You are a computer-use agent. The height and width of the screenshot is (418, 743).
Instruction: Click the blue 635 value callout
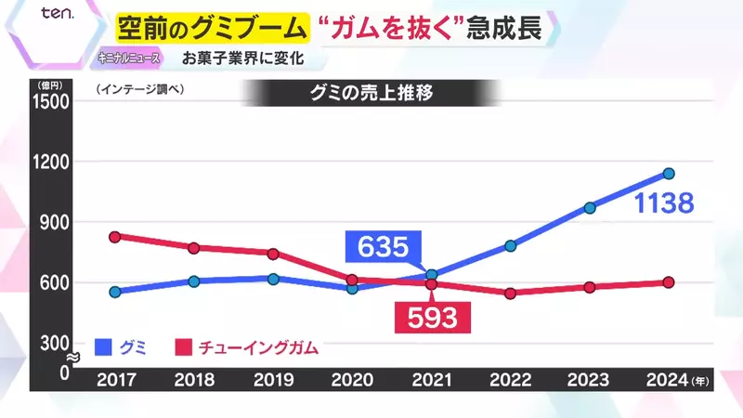(x=382, y=247)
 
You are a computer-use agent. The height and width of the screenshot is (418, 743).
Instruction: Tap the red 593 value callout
(x=432, y=317)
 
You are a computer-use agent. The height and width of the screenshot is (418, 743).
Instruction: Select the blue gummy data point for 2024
(x=668, y=174)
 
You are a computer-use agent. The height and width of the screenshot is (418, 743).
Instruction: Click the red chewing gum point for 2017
(x=114, y=237)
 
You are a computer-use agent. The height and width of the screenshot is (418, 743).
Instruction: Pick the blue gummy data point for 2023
(x=589, y=208)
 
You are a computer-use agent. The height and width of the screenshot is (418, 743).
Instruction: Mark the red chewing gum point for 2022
(x=510, y=294)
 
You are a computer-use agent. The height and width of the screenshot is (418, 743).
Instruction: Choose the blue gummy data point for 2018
(x=193, y=281)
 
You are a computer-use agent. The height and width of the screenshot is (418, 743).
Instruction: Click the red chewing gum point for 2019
(x=273, y=254)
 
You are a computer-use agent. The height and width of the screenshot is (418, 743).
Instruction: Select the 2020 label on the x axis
(x=352, y=380)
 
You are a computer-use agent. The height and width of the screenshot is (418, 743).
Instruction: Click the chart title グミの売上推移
(x=371, y=92)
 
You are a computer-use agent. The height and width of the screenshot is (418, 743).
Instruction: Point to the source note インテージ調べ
(x=141, y=91)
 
